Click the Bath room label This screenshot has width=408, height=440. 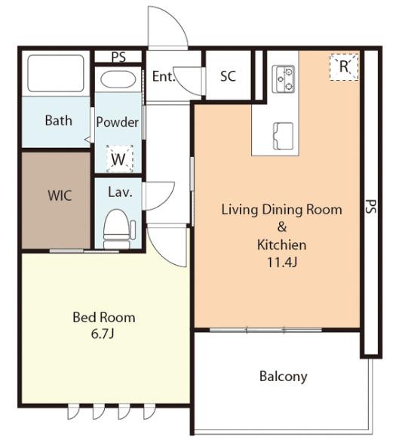point(58,121)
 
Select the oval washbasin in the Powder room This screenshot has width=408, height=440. point(118,79)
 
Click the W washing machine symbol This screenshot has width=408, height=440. point(118,159)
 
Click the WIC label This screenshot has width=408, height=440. point(60,195)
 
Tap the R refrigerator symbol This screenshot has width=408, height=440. point(344,66)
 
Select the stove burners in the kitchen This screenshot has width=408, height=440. point(284,78)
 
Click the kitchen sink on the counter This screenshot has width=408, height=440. point(284,136)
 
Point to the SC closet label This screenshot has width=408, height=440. point(228,75)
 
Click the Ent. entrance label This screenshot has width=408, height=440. point(164,76)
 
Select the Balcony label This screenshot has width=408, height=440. point(284,376)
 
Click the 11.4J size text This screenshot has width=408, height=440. point(281,263)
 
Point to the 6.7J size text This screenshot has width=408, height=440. point(103,334)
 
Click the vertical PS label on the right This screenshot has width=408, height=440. point(371,207)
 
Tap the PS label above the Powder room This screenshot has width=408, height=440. point(118,57)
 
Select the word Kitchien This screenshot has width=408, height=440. point(282,245)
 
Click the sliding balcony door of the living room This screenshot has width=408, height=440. point(265,330)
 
